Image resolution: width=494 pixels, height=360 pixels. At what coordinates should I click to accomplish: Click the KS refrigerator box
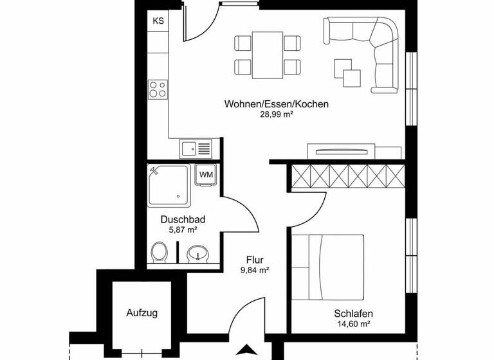158,21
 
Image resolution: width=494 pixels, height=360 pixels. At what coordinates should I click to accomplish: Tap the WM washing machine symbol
206,174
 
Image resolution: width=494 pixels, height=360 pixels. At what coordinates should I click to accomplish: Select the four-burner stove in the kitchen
158,89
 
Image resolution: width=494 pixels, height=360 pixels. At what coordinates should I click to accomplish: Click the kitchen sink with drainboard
196,149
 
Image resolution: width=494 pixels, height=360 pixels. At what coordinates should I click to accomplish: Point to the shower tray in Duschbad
169,185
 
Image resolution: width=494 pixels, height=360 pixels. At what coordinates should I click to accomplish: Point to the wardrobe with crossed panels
347,175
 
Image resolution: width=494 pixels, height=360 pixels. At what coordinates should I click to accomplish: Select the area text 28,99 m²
277,114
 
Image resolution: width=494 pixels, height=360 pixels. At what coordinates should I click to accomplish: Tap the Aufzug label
142,314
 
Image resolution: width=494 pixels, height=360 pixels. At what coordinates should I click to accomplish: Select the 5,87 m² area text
183,229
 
